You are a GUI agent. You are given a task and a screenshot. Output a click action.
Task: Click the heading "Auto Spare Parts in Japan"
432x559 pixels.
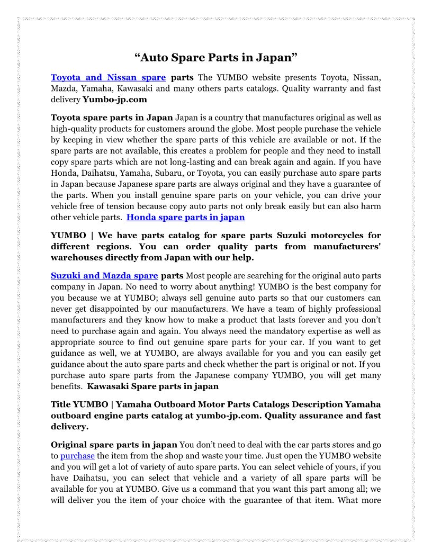(216, 57)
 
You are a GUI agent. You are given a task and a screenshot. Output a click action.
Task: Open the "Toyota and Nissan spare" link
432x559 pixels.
(108, 78)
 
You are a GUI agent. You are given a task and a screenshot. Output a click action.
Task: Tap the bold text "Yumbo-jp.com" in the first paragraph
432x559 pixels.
(115, 99)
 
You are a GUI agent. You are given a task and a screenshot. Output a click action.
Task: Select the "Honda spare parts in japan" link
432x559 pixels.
(185, 217)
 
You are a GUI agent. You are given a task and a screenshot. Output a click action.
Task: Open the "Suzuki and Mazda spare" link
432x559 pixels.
(104, 275)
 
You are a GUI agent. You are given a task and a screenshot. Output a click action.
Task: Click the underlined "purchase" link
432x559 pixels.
(77, 455)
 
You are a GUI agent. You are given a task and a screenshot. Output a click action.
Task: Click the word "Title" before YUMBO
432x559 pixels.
(61, 404)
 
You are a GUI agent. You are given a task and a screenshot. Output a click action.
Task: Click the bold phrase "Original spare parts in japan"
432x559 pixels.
(114, 444)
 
